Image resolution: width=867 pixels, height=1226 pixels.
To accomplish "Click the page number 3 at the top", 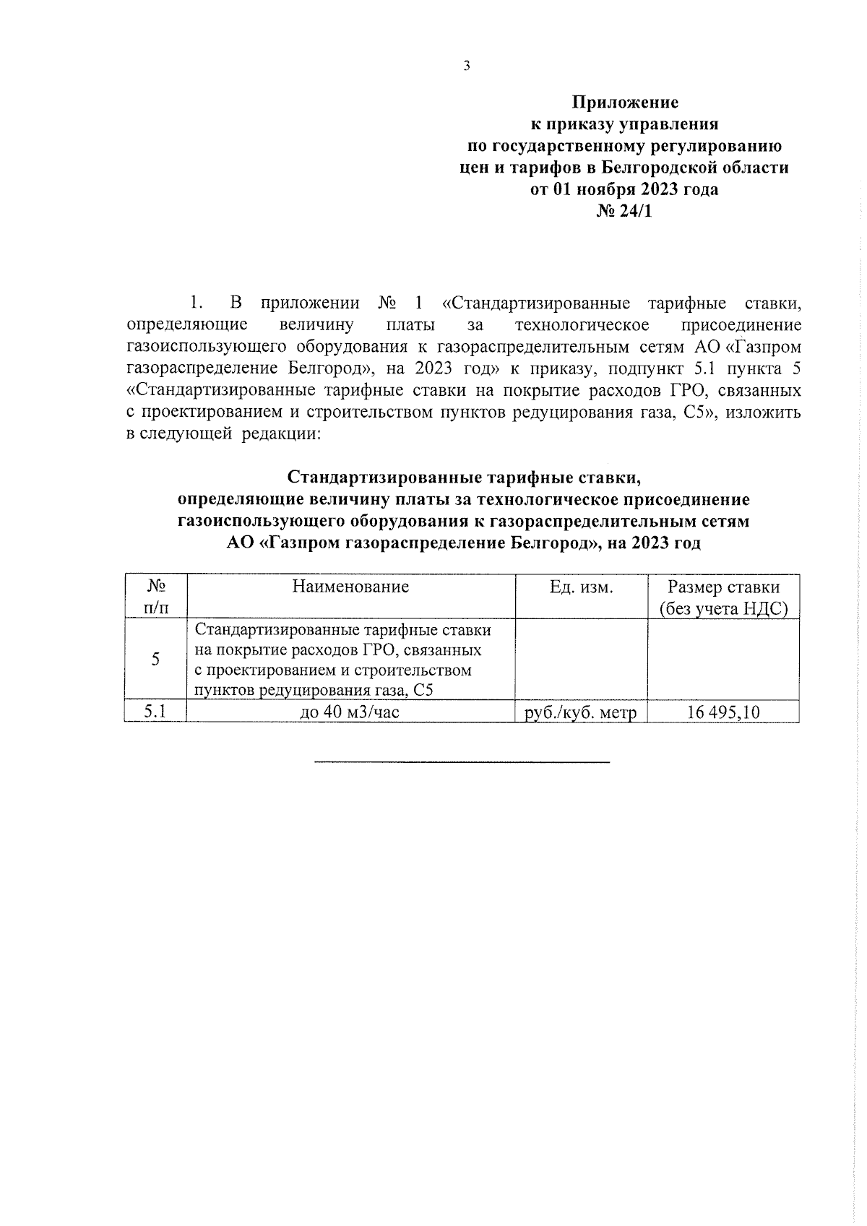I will tap(466, 66).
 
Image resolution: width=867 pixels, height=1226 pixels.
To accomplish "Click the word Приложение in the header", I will tap(626, 103).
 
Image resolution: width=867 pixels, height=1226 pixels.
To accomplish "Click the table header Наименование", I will tap(350, 587).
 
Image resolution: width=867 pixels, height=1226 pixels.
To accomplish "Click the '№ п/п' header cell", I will tap(156, 597).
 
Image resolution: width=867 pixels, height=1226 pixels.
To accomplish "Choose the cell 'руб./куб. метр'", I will tap(581, 713).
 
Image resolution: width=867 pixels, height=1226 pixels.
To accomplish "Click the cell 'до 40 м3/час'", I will tap(350, 712).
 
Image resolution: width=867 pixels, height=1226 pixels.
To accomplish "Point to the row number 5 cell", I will tap(156, 659).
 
